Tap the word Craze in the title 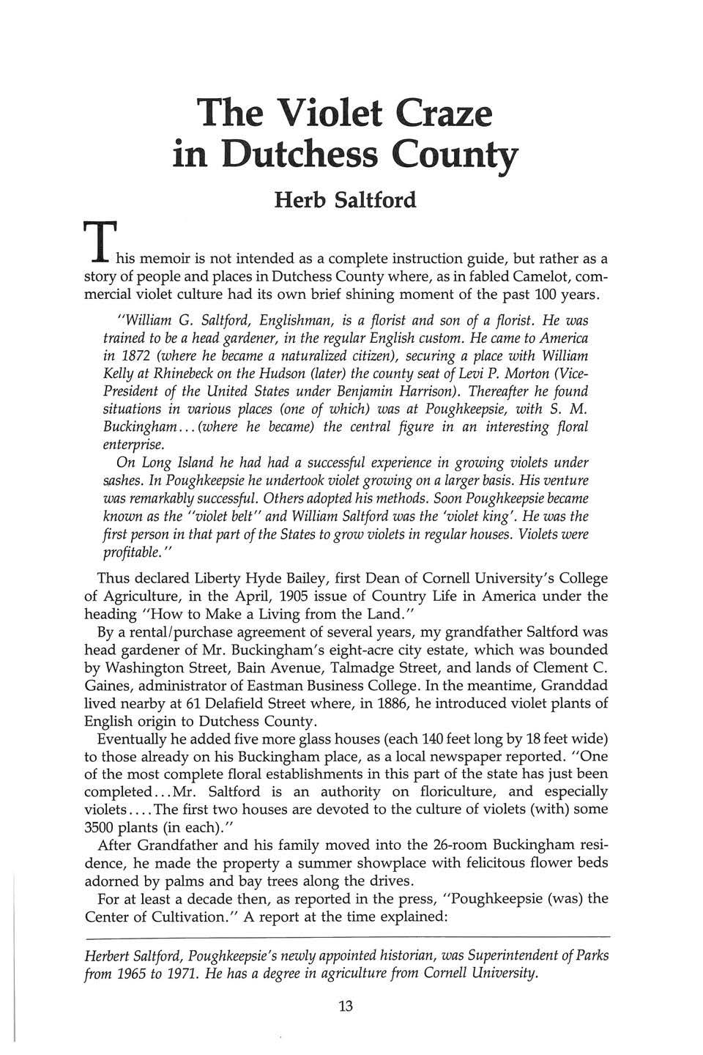pos(445,114)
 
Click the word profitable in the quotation pos(134,553)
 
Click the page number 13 pos(346,1006)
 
